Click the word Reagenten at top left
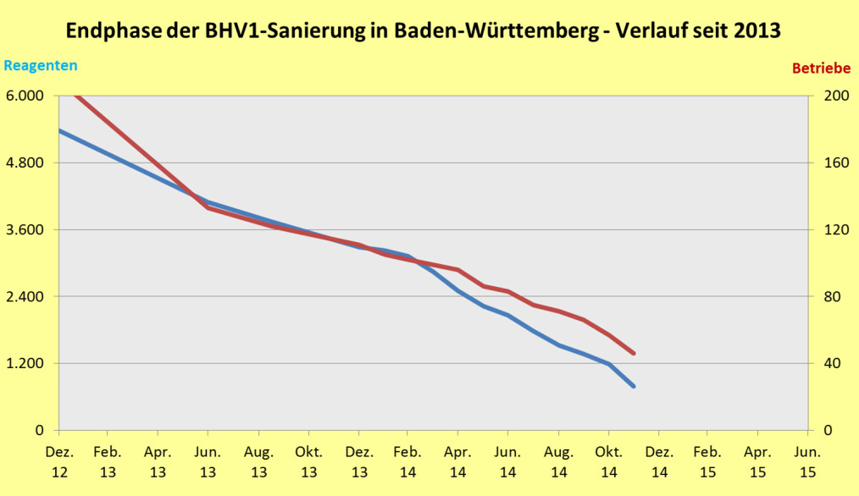[41, 65]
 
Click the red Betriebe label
[821, 68]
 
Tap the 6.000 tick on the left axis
[25, 96]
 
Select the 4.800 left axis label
[25, 163]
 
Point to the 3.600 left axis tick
[25, 229]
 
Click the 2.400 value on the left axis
[25, 296]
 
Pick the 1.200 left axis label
[25, 363]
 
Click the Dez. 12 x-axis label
[58, 461]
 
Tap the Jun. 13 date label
[208, 461]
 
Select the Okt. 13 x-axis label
[308, 461]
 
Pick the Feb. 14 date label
[407, 461]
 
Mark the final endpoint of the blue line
[634, 386]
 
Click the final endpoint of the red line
[634, 354]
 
